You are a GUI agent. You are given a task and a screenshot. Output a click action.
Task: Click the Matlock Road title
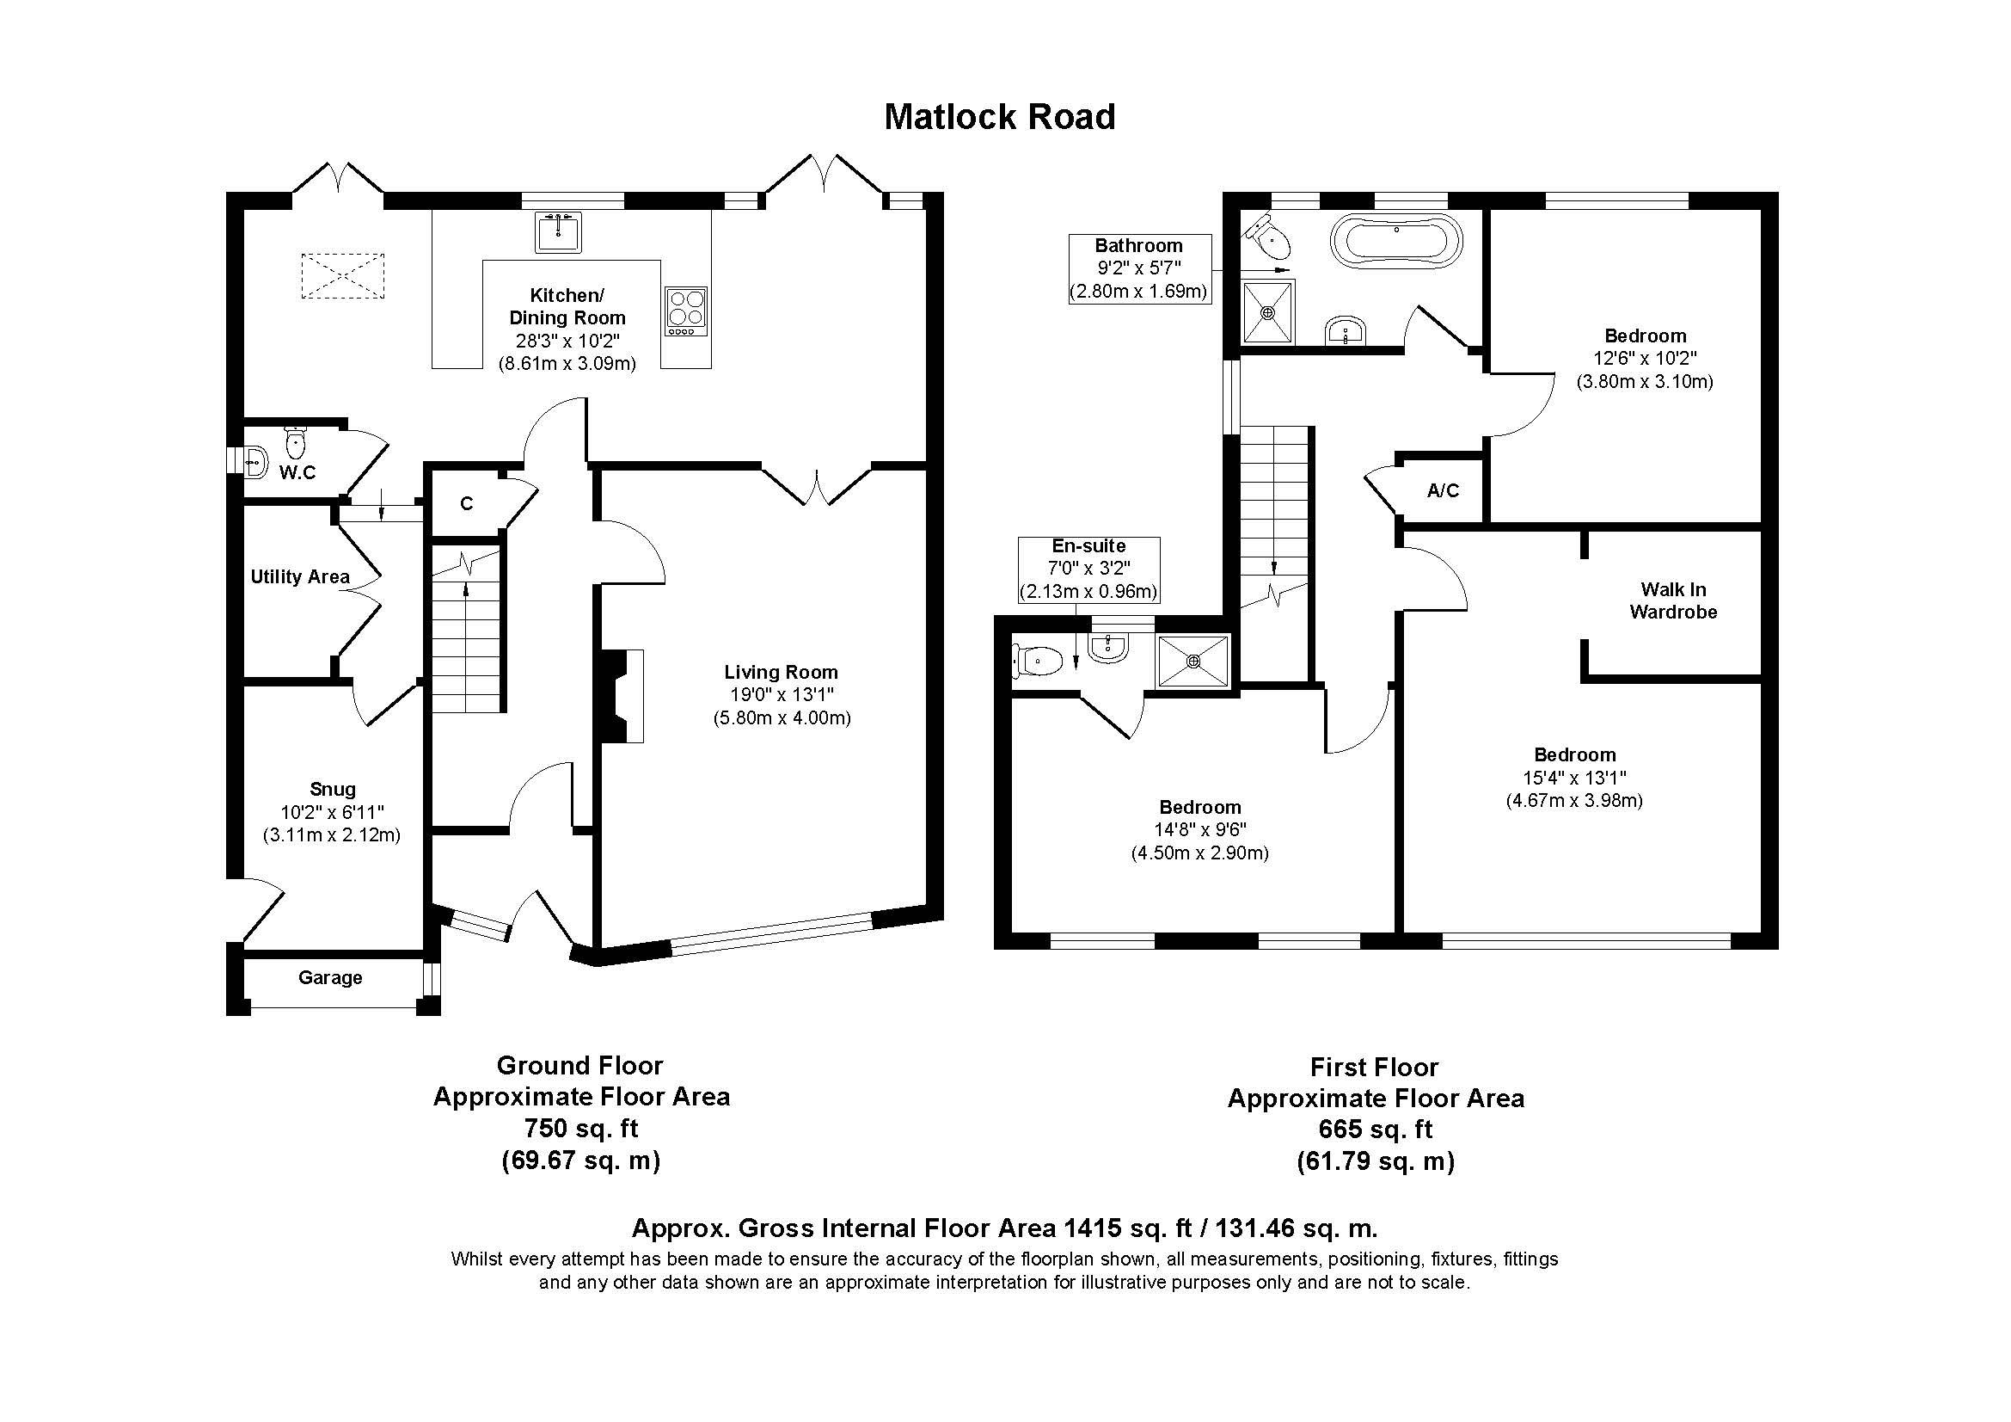(999, 117)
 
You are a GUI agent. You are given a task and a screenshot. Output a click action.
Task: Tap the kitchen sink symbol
(558, 231)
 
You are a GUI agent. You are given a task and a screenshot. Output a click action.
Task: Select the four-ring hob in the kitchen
(686, 311)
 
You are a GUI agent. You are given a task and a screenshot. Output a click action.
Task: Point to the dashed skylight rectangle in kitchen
(342, 276)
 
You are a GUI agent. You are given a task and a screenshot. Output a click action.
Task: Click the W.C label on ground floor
(297, 473)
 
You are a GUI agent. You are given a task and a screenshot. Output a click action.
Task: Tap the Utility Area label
(299, 576)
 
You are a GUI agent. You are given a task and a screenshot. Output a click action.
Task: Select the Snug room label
(332, 789)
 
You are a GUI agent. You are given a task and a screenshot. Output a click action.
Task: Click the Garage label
(329, 977)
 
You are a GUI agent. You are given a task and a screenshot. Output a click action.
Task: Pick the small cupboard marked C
(466, 504)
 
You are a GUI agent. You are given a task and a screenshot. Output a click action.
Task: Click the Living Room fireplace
(622, 697)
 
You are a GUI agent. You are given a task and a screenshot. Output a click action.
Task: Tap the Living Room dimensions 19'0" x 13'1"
(782, 695)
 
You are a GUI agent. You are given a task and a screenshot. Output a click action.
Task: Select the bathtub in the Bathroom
(1396, 238)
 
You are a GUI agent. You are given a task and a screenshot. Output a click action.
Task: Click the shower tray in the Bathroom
(1268, 312)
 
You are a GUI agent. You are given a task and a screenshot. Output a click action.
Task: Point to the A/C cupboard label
(1443, 490)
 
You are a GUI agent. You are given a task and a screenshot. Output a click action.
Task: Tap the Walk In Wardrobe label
(1673, 601)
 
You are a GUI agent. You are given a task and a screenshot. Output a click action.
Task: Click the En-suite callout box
(1088, 569)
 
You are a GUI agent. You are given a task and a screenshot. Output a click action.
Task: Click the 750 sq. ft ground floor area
(580, 1128)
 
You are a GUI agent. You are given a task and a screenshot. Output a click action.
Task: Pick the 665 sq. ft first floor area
(1375, 1130)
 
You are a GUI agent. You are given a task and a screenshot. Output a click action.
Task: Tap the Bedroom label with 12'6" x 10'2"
(1645, 335)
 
